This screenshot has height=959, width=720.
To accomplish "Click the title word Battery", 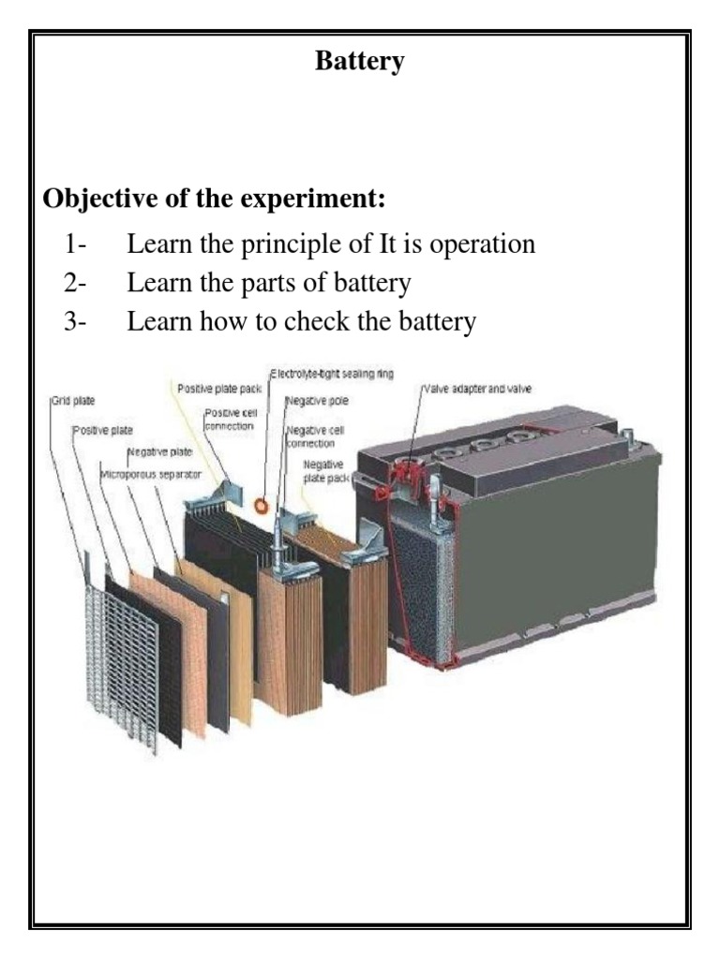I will point(360,62).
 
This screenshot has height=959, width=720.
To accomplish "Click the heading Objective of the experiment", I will point(214,199).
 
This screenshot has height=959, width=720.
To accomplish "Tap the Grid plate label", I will point(74,402).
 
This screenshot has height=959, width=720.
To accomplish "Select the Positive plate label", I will point(103,431).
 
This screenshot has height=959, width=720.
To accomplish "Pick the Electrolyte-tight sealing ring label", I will point(333,374).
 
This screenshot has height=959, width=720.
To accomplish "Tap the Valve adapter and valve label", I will point(478,388).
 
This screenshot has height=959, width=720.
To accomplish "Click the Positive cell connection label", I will point(230,420).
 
